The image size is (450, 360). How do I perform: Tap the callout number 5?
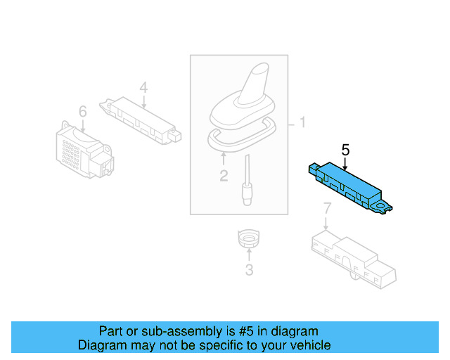pyautogui.click(x=345, y=149)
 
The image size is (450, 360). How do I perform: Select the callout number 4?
pyautogui.click(x=143, y=87)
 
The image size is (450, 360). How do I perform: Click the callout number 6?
pyautogui.click(x=82, y=111)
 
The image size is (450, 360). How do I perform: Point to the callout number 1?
pyautogui.click(x=302, y=124)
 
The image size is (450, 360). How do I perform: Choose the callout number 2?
pyautogui.click(x=224, y=175)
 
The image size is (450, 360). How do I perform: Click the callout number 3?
pyautogui.click(x=249, y=269)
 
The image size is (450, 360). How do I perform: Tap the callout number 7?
pyautogui.click(x=326, y=208)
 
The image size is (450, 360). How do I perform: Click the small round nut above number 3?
pyautogui.click(x=249, y=240)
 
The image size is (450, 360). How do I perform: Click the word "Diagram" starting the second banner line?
pyautogui.click(x=101, y=345)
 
